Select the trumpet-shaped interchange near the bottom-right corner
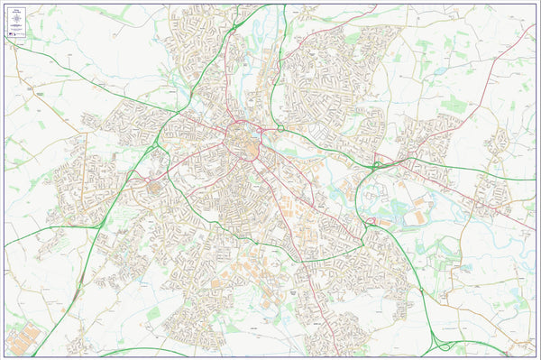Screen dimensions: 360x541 coord(442,343)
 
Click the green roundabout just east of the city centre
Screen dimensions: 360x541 coord(280,129)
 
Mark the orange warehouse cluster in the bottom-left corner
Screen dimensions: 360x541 coord(24,338)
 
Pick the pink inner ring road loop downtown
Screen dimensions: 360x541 coord(242,140)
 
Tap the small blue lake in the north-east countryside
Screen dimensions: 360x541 coord(438,70)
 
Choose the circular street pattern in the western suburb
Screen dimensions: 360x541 coord(151,190)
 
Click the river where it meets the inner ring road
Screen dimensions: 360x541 coord(261,133)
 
